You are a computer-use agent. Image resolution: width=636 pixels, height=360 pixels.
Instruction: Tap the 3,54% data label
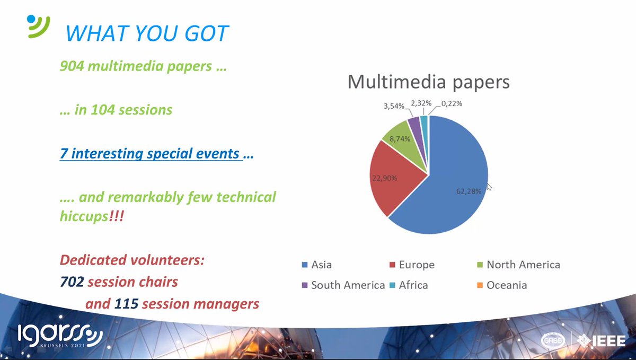point(394,107)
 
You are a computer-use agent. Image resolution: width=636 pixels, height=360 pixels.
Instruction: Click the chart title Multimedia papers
point(428,82)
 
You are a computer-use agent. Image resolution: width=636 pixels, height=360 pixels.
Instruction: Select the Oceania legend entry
point(501,285)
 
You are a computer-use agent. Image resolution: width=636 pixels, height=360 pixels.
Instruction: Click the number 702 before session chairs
point(72,282)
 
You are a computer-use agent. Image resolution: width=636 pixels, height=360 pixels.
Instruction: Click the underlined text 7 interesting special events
point(151,154)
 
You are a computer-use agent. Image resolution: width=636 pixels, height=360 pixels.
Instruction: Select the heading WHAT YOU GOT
point(147,33)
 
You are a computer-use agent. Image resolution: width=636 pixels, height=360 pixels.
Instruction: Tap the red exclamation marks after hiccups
point(115,218)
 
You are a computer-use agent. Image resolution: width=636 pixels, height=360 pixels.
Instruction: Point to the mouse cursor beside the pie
point(489,186)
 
